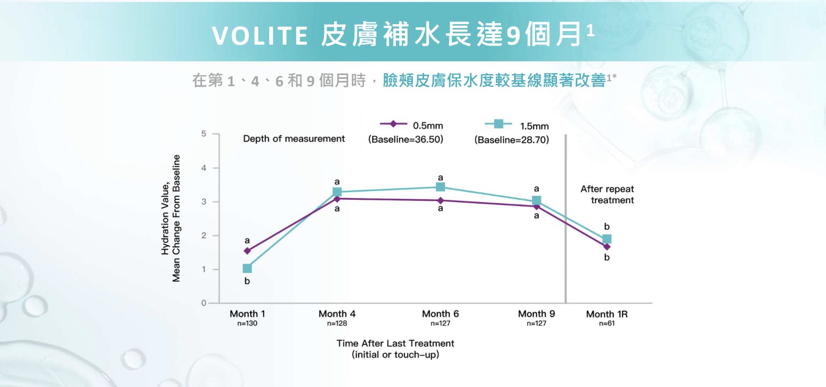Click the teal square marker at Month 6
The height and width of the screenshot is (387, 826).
coord(440,187)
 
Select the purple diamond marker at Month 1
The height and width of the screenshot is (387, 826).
coord(247,251)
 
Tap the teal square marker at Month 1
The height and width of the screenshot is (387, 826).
coord(247,268)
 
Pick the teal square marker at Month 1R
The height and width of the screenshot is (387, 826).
coord(607,239)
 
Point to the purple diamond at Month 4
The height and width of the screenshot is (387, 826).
coord(337,198)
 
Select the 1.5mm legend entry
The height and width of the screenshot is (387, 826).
coord(517,125)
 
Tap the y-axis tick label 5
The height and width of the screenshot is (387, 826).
coord(204,134)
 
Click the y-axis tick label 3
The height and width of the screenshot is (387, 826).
coord(204,202)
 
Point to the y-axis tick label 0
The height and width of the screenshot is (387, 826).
coord(204,303)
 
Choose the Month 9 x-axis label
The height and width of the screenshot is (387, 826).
coord(536,314)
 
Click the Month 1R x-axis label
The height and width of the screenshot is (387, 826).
coord(607,314)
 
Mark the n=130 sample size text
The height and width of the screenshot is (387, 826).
coord(247,324)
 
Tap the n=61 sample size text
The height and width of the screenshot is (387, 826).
coord(607,324)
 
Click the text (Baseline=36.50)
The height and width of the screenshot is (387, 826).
coord(406,139)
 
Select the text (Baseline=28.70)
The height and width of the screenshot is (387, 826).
coord(512,140)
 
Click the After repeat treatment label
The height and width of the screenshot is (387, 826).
coord(608,194)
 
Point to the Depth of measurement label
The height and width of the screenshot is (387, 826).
coord(294,139)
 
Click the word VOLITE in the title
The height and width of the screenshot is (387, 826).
coord(260,35)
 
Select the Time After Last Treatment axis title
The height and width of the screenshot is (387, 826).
coord(395,343)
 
